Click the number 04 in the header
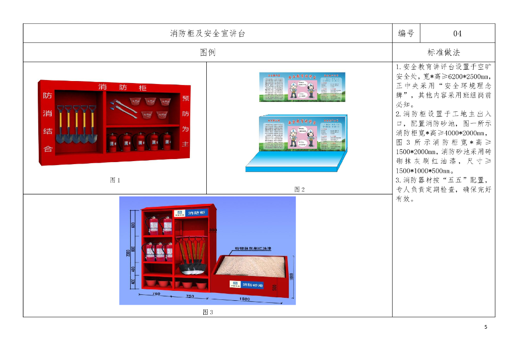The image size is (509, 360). tap(457, 33)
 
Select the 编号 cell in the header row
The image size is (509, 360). tap(406, 33)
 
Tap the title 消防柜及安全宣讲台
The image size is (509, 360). tap(207, 33)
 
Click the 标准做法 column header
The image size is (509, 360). tap(443, 52)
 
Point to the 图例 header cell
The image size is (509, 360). tap(207, 52)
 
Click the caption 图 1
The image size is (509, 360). tap(115, 180)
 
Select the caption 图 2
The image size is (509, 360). tap(299, 189)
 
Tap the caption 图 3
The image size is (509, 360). tap(208, 312)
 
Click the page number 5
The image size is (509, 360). tap(486, 327)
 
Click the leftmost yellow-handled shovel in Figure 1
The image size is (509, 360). tap(60, 124)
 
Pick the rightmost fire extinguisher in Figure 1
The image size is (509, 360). tap(168, 141)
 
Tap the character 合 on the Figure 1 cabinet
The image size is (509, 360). tap(48, 149)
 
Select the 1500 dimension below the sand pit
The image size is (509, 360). tap(244, 299)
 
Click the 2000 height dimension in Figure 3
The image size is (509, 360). tap(128, 253)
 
